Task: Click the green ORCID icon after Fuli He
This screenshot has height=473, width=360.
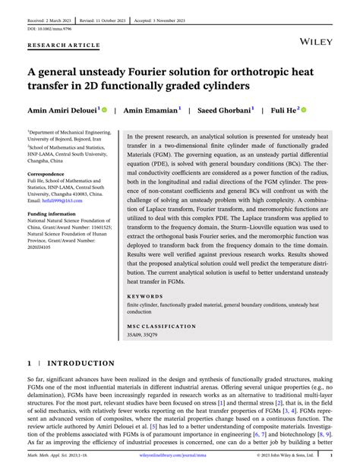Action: [304, 109]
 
